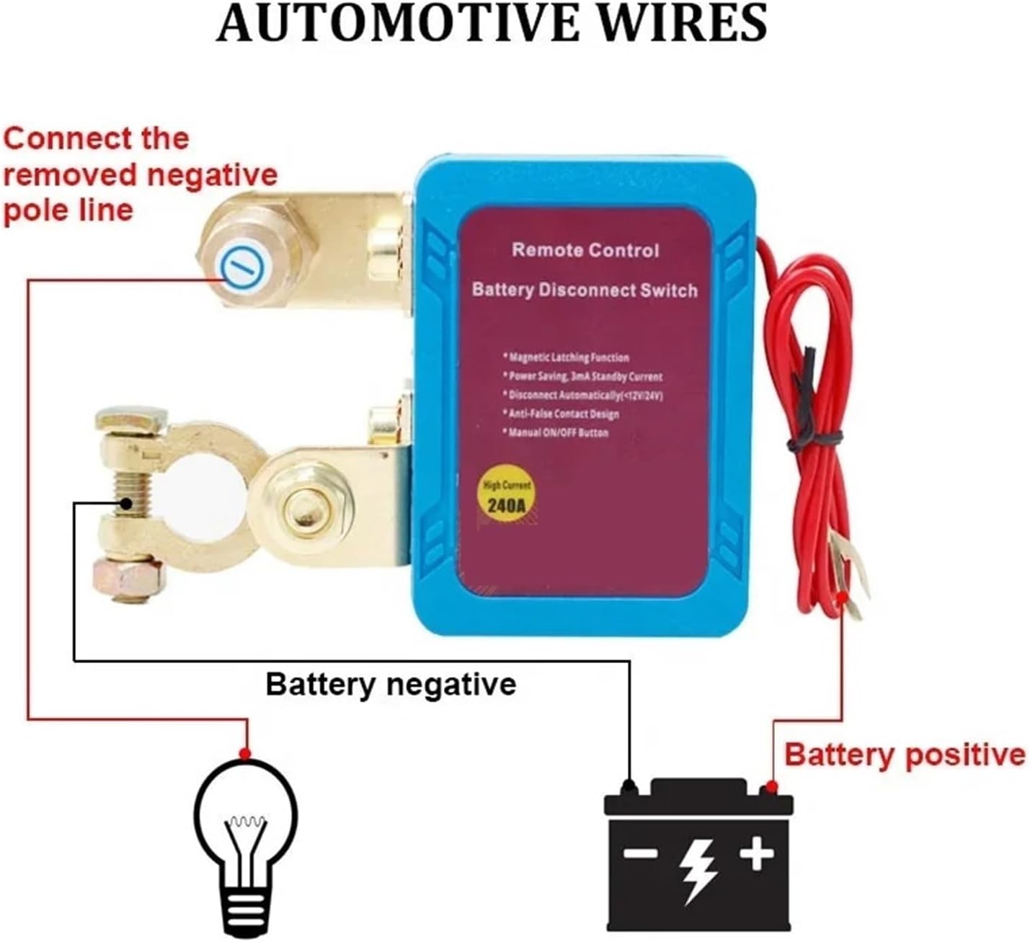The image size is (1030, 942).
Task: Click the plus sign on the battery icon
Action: tap(756, 856)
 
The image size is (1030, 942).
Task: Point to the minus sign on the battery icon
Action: tap(641, 856)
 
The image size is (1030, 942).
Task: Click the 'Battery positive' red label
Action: tap(904, 755)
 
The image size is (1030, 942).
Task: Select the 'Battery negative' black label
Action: tap(391, 683)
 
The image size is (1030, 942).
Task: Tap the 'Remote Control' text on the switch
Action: tap(585, 250)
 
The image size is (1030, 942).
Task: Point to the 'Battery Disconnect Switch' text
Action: tap(585, 290)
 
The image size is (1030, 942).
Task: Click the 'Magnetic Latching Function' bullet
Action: tap(568, 357)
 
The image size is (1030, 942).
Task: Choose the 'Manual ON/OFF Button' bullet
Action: tap(557, 432)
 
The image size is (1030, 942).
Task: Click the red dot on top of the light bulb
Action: tap(245, 754)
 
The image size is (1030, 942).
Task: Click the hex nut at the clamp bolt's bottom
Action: tap(128, 577)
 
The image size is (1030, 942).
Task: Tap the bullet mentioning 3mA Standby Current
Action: tap(585, 376)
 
